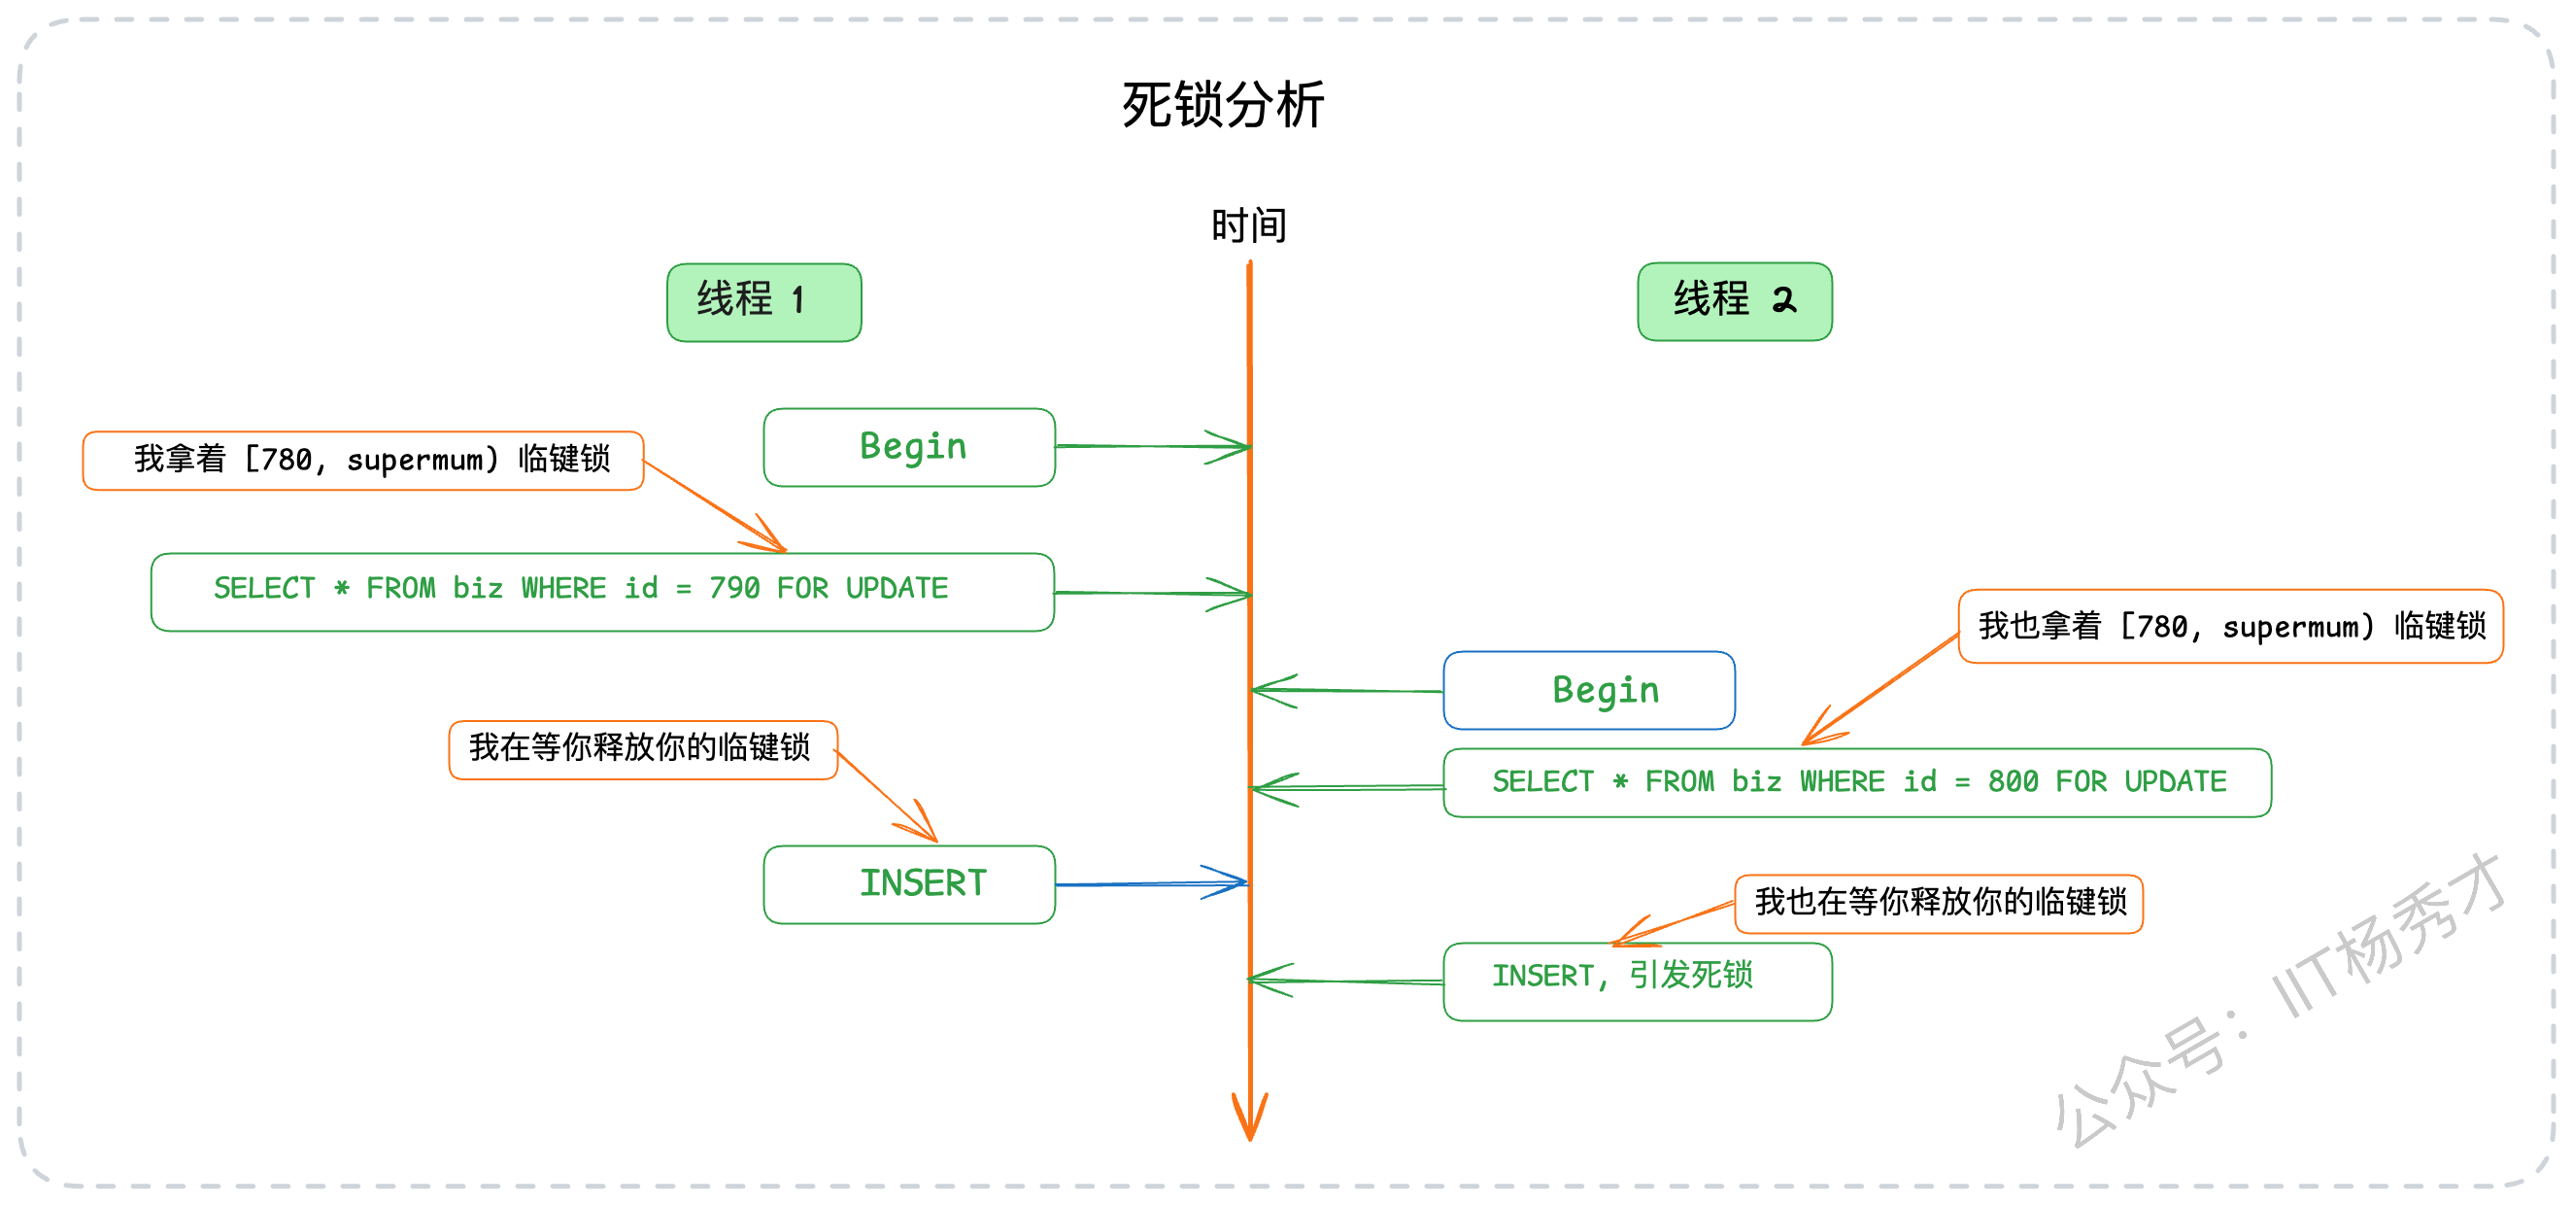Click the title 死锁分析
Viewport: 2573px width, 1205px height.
pyautogui.click(x=1223, y=104)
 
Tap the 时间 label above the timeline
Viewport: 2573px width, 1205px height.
pyautogui.click(x=1248, y=224)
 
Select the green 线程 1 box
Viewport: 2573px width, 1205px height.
pyautogui.click(x=764, y=302)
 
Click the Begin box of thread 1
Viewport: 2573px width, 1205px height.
pyautogui.click(x=909, y=447)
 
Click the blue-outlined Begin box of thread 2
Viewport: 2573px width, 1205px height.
pyautogui.click(x=1589, y=690)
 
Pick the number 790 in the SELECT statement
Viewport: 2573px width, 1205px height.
pyautogui.click(x=734, y=589)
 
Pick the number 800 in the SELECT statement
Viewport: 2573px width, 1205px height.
pyautogui.click(x=2013, y=781)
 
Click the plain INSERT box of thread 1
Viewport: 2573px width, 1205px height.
pyautogui.click(x=909, y=884)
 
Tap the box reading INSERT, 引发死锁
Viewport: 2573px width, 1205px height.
pyautogui.click(x=1637, y=981)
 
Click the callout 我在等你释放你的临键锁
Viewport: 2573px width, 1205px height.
pyautogui.click(x=643, y=749)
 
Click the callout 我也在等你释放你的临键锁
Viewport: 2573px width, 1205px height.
pyautogui.click(x=1939, y=903)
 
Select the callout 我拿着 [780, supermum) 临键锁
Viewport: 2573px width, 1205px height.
pyautogui.click(x=363, y=461)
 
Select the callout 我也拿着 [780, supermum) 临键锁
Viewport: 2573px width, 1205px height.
pyautogui.click(x=2230, y=627)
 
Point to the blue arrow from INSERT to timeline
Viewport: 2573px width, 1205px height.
pyautogui.click(x=1152, y=883)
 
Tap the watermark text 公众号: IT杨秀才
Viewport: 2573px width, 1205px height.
pyautogui.click(x=2282, y=1000)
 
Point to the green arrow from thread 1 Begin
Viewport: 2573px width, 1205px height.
pyautogui.click(x=1153, y=447)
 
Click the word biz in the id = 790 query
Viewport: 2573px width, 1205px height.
pyautogui.click(x=478, y=589)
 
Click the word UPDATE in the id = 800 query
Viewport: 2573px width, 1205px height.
pyautogui.click(x=2176, y=781)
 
